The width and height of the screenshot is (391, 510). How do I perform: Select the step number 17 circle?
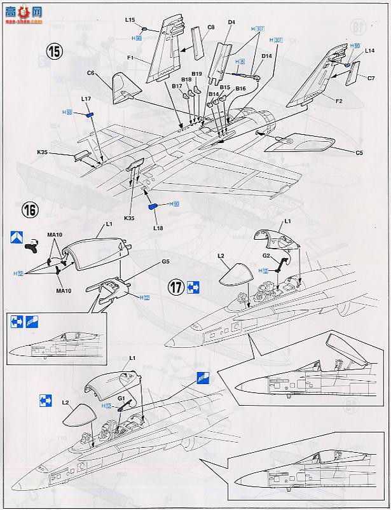point(177,287)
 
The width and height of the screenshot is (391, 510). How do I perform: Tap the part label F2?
point(338,100)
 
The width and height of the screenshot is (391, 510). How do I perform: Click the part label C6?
point(92,74)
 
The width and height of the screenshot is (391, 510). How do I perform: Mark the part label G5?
point(165,261)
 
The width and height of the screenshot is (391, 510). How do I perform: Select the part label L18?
point(158,228)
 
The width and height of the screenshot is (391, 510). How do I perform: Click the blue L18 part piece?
point(153,206)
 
